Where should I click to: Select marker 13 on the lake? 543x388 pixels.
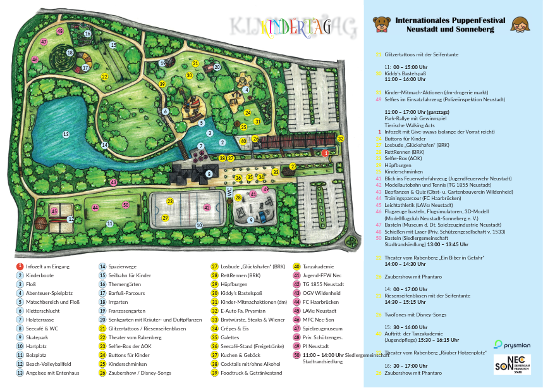pyautogui.click(x=66, y=134)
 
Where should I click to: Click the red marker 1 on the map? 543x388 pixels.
pyautogui.click(x=325, y=153)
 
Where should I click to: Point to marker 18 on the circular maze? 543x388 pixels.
pyautogui.click(x=70, y=53)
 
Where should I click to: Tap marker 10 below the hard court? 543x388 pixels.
pyautogui.click(x=199, y=225)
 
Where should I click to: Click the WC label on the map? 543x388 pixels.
pyautogui.click(x=229, y=192)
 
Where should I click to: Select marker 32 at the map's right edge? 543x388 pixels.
pyautogui.click(x=341, y=138)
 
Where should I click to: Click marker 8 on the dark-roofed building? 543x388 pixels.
pyautogui.click(x=209, y=173)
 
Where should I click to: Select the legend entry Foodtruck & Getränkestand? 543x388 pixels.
pyautogui.click(x=248, y=373)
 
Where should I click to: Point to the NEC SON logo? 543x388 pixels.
pyautogui.click(x=511, y=364)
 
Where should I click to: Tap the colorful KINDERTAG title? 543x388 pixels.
pyautogui.click(x=291, y=27)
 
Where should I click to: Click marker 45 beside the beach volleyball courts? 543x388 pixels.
pyautogui.click(x=54, y=211)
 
